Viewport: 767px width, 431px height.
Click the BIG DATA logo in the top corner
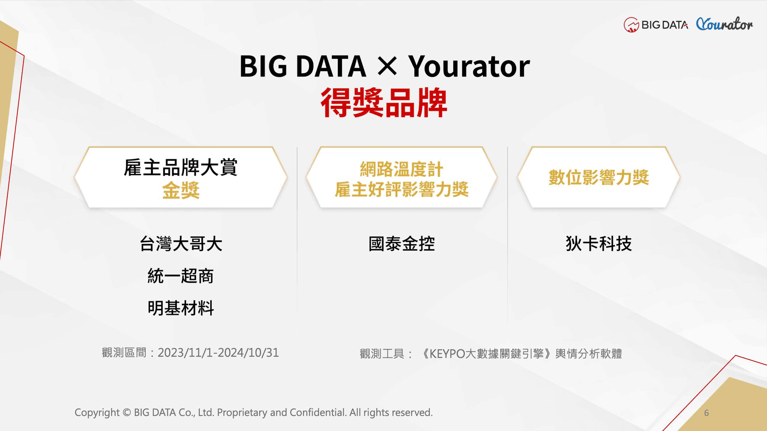click(656, 25)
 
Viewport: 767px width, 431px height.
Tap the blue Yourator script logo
click(724, 24)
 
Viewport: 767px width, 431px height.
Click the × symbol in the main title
click(387, 66)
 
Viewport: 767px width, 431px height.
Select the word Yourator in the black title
click(469, 66)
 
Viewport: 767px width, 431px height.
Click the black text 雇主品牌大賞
click(181, 167)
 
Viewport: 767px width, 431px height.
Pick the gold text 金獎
click(181, 190)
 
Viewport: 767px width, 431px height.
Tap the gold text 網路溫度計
click(402, 169)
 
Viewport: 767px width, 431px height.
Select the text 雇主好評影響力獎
click(402, 189)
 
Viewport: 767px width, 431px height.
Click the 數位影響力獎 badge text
click(599, 177)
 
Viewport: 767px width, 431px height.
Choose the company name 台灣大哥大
click(181, 243)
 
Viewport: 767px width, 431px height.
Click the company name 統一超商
click(181, 276)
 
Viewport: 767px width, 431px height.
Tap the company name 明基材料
click(181, 308)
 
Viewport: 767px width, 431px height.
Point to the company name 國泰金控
click(402, 243)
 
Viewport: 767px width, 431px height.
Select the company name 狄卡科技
click(599, 243)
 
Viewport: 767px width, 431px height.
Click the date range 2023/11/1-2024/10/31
click(218, 353)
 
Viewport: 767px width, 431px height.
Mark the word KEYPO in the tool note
click(447, 354)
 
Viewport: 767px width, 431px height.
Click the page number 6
click(706, 413)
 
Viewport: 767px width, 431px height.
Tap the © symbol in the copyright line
click(127, 412)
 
